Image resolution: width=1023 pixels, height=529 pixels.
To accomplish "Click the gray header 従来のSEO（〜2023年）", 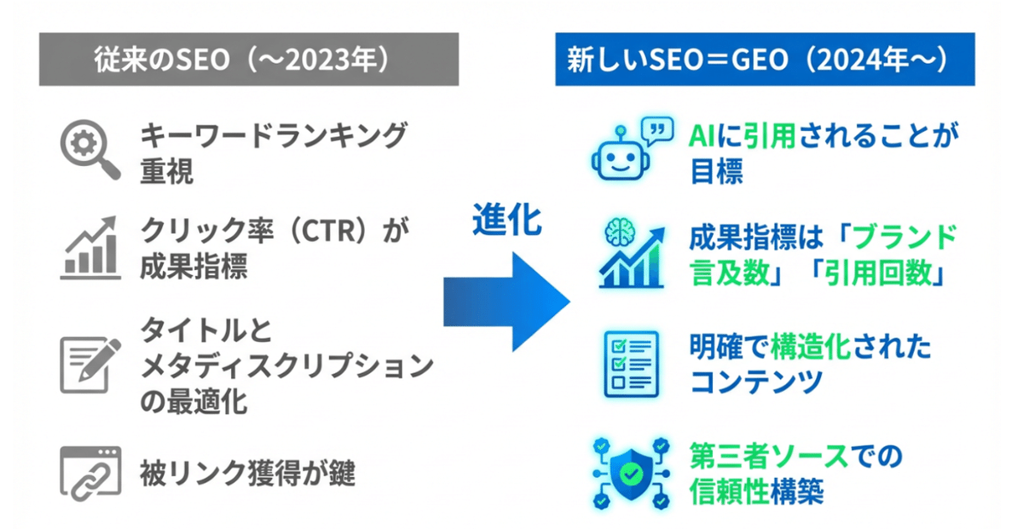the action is (249, 59).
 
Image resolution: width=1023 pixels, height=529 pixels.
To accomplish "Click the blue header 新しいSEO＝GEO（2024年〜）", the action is (765, 59).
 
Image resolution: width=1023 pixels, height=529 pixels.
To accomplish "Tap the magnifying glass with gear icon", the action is (90, 149).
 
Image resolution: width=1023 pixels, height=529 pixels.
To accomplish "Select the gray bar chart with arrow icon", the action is (90, 247).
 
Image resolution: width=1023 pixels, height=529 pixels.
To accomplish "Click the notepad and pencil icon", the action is (90, 365).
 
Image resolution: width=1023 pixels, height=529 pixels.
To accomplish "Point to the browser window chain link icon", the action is (90, 474).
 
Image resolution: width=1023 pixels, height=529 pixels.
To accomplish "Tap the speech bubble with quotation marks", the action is (657, 130).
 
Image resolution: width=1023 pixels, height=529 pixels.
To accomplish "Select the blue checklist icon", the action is (631, 364).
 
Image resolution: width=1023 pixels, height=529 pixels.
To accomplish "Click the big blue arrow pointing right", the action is (506, 302).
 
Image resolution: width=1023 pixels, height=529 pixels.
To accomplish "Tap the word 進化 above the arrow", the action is (507, 220).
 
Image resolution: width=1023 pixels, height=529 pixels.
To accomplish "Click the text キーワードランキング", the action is (274, 135).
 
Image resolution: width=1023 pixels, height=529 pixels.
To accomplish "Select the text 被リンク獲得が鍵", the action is (247, 474).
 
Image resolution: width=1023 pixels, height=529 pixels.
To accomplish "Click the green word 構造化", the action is (811, 347).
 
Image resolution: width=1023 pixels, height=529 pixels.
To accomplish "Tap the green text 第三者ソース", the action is (769, 456).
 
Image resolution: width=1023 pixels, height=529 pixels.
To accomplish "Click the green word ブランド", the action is (905, 237).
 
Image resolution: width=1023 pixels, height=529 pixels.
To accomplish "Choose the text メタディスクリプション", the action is (286, 365).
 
